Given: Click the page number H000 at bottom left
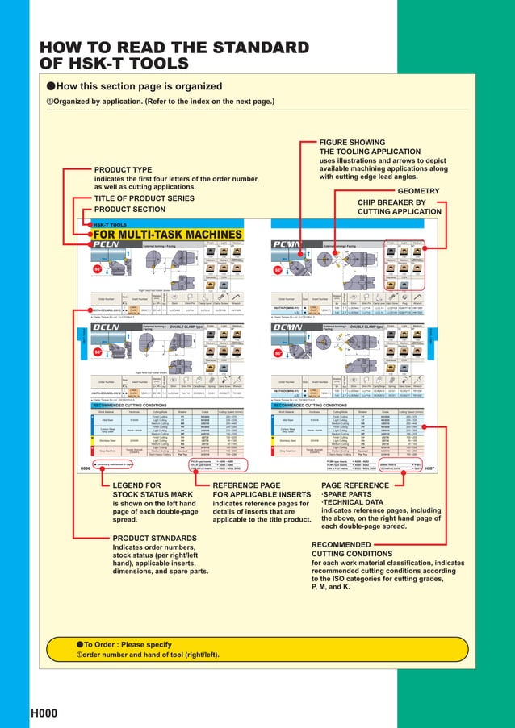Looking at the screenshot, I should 44,713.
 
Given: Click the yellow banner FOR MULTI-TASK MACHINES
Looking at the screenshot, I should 157,235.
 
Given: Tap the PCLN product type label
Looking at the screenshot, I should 107,244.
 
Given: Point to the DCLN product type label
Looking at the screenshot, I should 107,327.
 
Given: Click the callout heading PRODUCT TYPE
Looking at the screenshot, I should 124,169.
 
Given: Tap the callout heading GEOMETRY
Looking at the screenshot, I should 420,191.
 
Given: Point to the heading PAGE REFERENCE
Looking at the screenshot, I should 355,485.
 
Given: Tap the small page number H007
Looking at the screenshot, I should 429,468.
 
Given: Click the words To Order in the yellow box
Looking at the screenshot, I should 104,645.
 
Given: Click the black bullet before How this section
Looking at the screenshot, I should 51,85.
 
